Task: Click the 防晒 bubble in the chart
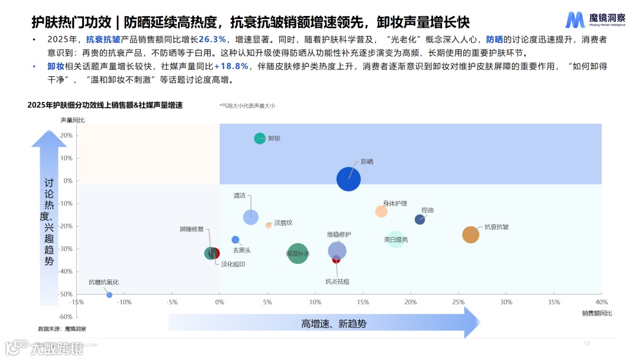coord(348,179)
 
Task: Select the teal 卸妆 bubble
coord(260,139)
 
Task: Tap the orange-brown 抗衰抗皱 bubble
coord(470,234)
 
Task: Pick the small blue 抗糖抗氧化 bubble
coord(109,295)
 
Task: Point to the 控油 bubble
coord(420,220)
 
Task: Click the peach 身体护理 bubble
coord(381,211)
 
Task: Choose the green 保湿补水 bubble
coord(298,254)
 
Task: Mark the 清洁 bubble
coord(251,217)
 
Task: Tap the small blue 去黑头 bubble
coord(235,240)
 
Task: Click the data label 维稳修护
coord(339,234)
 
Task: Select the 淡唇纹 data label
coord(283,223)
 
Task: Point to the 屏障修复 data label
coord(192,229)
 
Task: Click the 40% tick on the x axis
coord(601,302)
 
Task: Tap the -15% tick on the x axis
coord(76,302)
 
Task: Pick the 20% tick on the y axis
coord(66,136)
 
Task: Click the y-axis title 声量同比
coord(73,120)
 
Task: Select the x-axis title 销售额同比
coord(596,313)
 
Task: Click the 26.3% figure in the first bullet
coord(212,40)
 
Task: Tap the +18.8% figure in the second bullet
coord(231,66)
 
